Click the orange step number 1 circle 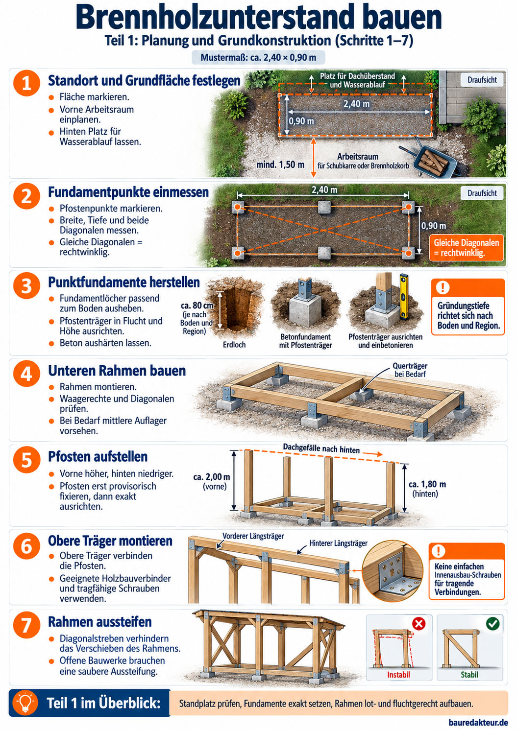(x=27, y=83)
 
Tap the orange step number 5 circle (x=27, y=460)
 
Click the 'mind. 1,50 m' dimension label (x=280, y=165)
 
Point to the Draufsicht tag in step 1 (x=482, y=80)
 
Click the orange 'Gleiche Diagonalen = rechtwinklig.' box (x=466, y=248)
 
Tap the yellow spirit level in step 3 (x=403, y=296)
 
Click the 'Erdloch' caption (x=234, y=345)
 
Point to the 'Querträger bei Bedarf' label (x=410, y=370)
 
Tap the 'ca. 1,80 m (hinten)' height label (x=427, y=489)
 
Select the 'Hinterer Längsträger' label (x=338, y=543)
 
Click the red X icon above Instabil (x=419, y=624)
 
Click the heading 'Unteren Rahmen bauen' (x=117, y=371)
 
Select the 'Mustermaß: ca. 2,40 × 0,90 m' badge (x=258, y=58)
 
